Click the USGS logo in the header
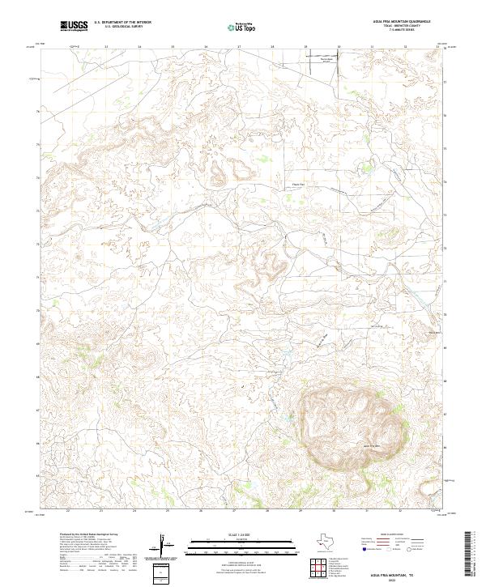coord(75,26)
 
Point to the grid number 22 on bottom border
coord(68,511)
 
